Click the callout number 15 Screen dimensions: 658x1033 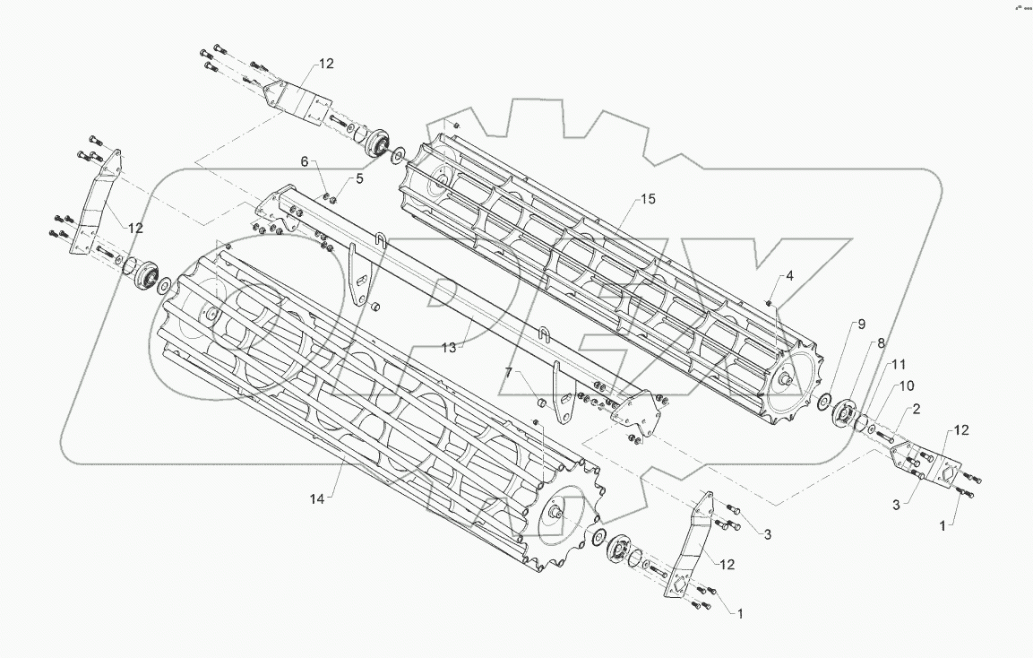coord(648,199)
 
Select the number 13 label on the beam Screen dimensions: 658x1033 coord(449,347)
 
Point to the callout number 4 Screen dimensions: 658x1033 coord(789,276)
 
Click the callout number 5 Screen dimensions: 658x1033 coord(360,178)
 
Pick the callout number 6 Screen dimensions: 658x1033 coord(305,161)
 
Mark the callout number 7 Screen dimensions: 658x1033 coord(509,371)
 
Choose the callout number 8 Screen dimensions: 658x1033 coord(881,342)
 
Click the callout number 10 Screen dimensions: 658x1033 coord(906,385)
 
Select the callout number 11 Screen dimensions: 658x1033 coord(899,365)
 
